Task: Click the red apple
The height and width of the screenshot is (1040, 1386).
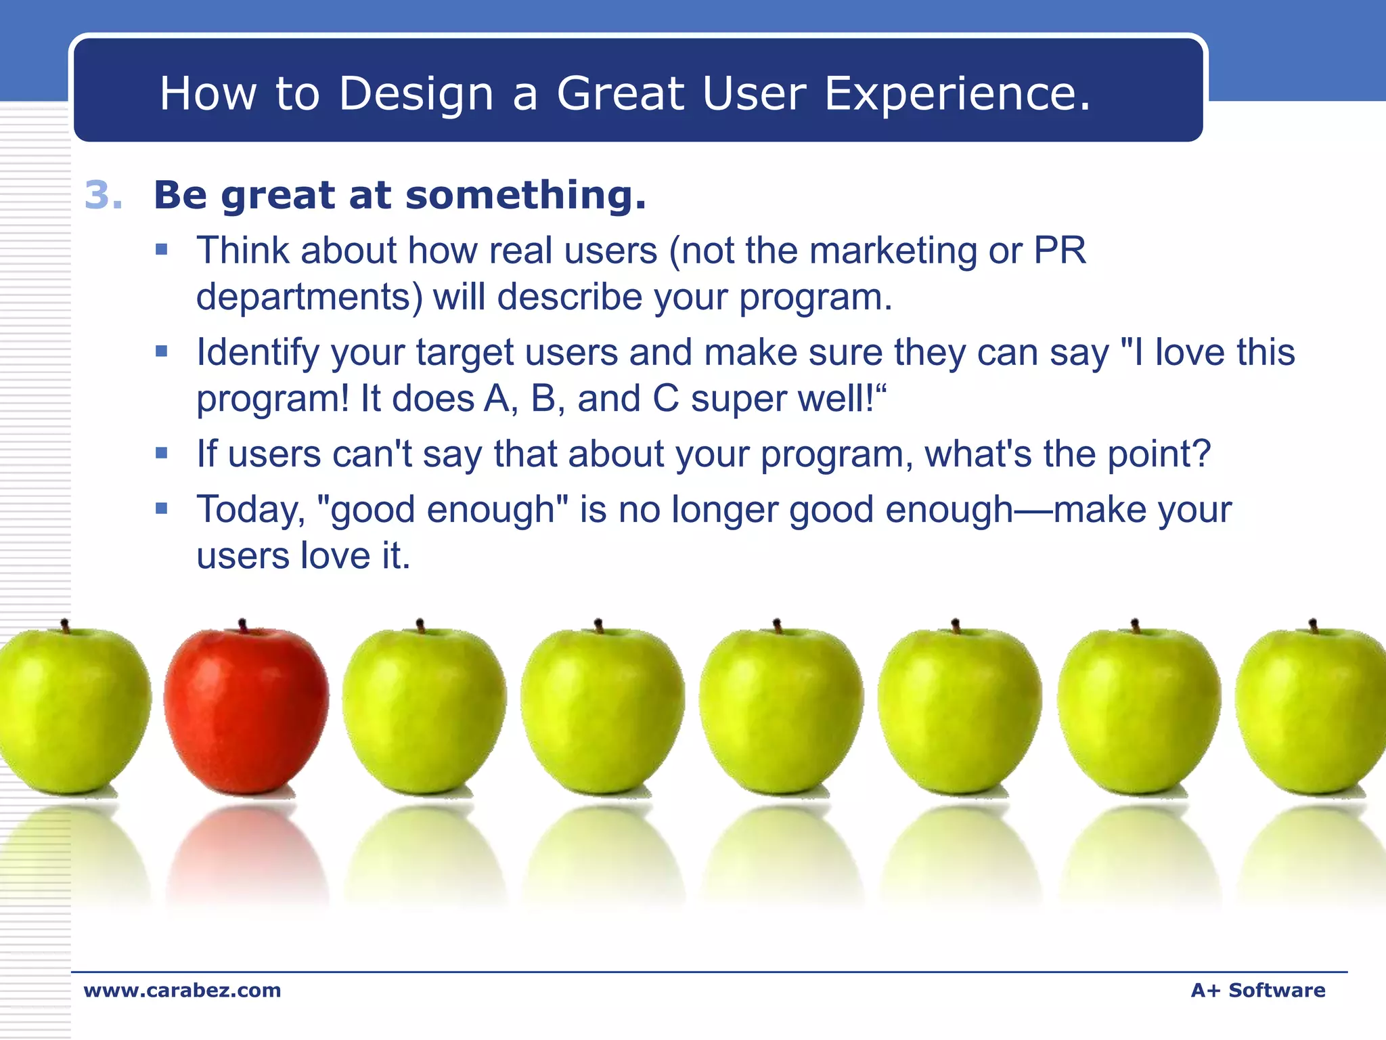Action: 246,711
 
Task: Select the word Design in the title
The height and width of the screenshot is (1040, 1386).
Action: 416,93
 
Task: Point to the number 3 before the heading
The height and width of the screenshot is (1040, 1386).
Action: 102,196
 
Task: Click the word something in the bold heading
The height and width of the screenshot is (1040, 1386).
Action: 525,196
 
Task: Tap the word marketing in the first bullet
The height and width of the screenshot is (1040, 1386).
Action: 893,251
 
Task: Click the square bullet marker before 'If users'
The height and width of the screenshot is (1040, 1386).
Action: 161,453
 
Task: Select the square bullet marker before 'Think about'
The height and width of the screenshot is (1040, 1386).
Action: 161,249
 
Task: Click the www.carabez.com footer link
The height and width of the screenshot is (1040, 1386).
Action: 182,991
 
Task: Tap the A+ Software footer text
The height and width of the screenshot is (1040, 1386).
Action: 1257,991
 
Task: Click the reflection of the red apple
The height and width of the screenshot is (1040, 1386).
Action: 247,853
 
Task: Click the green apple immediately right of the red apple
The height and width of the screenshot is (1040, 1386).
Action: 424,711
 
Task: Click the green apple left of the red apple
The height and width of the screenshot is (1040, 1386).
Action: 71,711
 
